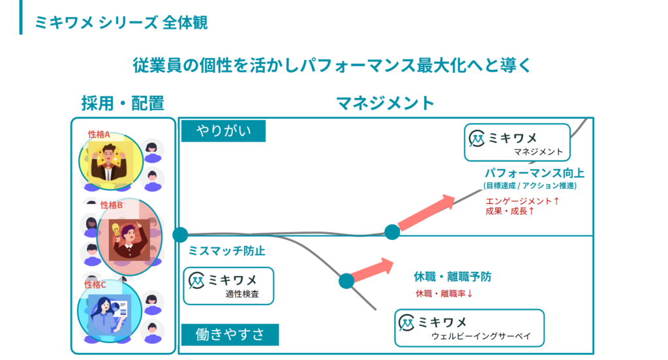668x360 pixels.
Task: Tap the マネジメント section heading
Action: [x=385, y=103]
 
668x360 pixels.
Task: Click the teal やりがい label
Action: [x=224, y=131]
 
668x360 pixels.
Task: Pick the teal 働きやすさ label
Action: [x=230, y=335]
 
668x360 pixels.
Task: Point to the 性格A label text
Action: [x=99, y=134]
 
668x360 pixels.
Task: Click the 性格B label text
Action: [x=112, y=205]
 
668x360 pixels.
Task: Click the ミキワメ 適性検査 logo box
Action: [x=228, y=286]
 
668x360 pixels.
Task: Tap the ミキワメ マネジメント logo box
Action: [x=517, y=143]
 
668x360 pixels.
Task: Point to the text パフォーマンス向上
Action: [x=534, y=173]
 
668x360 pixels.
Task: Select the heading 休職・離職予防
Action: [x=453, y=277]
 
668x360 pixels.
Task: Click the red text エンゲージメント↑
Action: [x=523, y=202]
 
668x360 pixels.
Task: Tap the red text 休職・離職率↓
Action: [x=444, y=293]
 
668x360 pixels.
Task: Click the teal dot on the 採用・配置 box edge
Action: [x=180, y=235]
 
